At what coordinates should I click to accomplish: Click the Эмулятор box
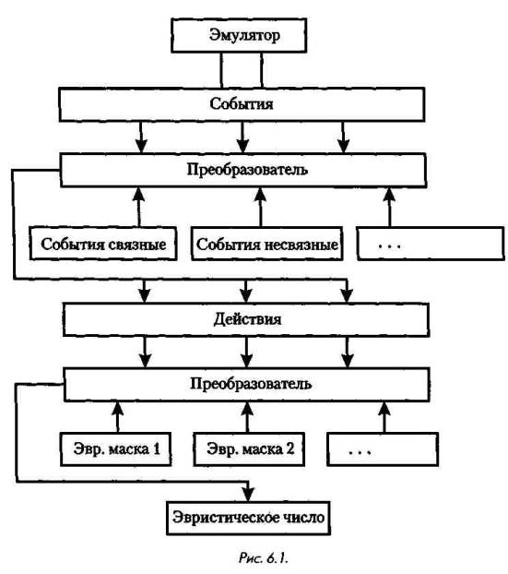[239, 35]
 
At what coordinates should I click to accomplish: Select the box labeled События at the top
[242, 104]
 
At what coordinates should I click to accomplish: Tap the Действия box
[246, 319]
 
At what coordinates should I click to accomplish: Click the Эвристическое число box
[248, 518]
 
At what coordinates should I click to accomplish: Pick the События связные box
[103, 244]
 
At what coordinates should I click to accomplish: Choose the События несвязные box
[267, 244]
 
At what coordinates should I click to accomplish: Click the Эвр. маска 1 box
[116, 449]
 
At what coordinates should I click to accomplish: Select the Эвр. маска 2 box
[249, 449]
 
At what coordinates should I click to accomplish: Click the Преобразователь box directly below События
[243, 170]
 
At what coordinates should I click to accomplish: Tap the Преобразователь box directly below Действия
[247, 385]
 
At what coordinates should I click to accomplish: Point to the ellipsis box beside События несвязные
[431, 244]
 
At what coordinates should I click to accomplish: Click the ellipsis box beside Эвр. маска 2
[383, 449]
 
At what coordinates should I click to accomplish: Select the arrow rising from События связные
[138, 208]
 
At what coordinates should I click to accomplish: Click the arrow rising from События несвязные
[260, 208]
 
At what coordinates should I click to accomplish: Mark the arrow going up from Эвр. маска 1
[117, 417]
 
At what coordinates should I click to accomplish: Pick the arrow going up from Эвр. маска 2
[247, 417]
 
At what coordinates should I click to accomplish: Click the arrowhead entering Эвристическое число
[248, 495]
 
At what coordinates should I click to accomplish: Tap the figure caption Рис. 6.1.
[264, 558]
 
